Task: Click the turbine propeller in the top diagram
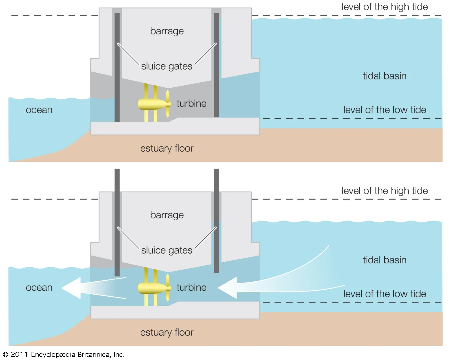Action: click(168, 104)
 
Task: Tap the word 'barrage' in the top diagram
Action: click(167, 31)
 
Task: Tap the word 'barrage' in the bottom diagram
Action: click(167, 215)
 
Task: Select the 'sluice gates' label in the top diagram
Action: click(167, 66)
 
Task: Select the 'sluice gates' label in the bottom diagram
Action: click(167, 250)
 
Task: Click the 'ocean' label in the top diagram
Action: click(39, 110)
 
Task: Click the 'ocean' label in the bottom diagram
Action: click(39, 288)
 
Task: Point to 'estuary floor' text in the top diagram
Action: click(167, 148)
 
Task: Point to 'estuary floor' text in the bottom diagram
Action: click(167, 332)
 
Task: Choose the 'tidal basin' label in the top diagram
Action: click(384, 76)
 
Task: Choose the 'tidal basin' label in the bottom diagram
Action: click(384, 260)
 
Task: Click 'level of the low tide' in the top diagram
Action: click(384, 110)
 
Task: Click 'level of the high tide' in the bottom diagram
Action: click(384, 191)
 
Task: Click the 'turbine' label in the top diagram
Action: click(191, 104)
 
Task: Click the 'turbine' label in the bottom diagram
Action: click(191, 288)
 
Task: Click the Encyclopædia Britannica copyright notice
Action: click(64, 354)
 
